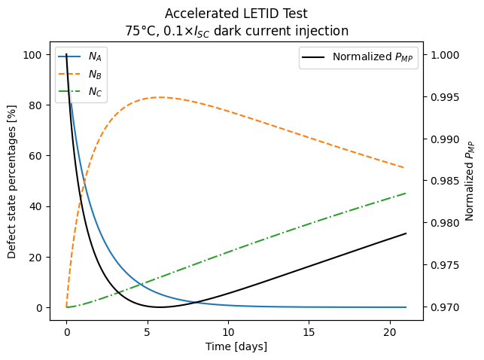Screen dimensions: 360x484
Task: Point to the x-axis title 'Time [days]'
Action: point(236,346)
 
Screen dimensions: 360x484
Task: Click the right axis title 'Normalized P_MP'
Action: point(470,181)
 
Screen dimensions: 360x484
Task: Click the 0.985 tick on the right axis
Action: point(444,182)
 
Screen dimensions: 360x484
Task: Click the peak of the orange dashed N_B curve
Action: point(160,97)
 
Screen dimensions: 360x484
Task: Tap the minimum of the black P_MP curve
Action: point(159,307)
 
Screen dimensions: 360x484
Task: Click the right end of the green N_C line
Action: point(406,194)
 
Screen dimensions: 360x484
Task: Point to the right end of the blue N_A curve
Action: point(406,307)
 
